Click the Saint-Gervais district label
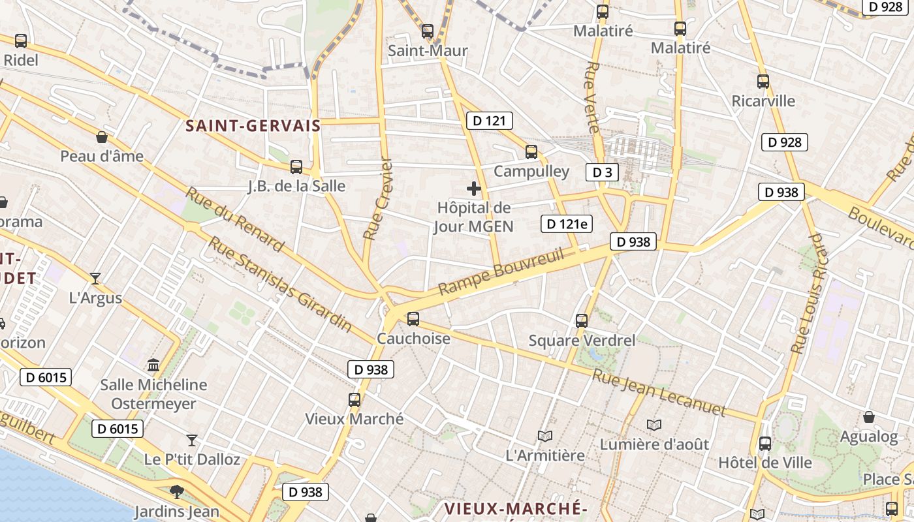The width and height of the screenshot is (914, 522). click(253, 126)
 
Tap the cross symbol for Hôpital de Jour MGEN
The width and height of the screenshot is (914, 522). click(474, 189)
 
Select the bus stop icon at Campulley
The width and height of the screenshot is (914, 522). click(531, 152)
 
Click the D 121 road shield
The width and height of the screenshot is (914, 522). click(490, 121)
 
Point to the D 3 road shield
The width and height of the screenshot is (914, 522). click(602, 172)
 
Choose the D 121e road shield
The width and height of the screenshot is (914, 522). click(567, 224)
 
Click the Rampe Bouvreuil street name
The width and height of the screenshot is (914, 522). click(501, 271)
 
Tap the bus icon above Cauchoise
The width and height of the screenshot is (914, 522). click(413, 319)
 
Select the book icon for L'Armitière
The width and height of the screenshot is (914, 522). click(545, 436)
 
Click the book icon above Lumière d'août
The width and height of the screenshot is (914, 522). click(654, 425)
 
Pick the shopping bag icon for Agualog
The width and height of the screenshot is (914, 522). click(869, 417)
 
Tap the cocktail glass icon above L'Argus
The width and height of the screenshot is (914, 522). click(95, 279)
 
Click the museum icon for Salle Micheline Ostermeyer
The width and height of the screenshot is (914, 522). click(153, 365)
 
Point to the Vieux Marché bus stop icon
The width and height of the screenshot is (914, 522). click(355, 399)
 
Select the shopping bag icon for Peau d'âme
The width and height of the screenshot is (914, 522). click(102, 137)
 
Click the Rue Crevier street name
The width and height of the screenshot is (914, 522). click(379, 198)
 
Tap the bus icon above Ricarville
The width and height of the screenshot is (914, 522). click(763, 82)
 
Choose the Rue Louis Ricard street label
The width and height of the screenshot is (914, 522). click(808, 294)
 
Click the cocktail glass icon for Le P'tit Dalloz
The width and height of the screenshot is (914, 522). click(192, 440)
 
